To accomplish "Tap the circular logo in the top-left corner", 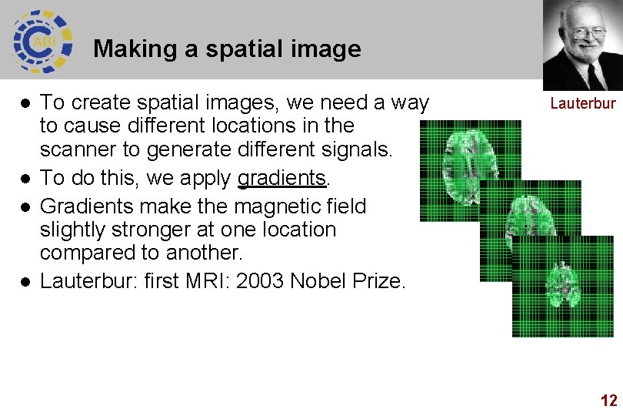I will [42, 41].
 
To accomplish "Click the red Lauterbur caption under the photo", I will [582, 103].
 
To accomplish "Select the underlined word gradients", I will [282, 178].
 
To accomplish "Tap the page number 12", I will [608, 400].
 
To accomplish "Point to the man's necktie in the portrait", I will [593, 77].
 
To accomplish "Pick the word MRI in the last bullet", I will [208, 281].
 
